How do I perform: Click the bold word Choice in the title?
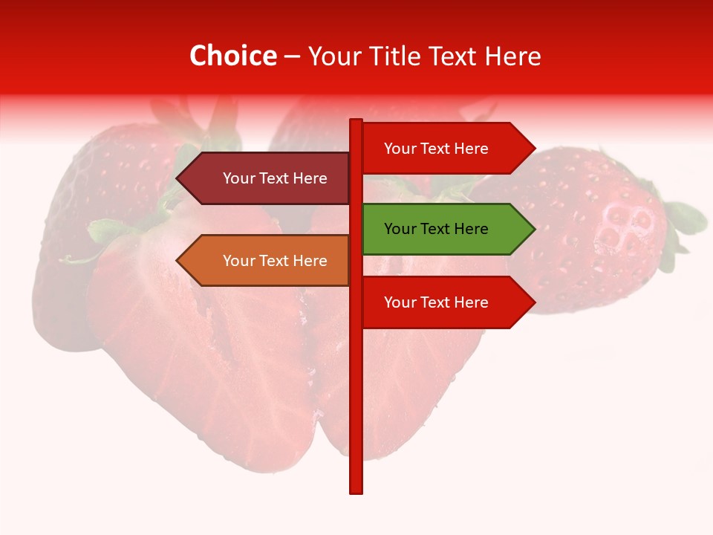[232, 56]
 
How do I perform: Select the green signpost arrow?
[446, 229]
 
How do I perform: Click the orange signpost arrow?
[267, 261]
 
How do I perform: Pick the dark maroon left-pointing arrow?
[267, 178]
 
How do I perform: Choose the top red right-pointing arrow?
[446, 149]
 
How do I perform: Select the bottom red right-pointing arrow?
[446, 302]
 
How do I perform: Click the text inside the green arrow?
[436, 229]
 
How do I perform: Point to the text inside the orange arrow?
[275, 261]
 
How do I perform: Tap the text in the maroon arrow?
[275, 178]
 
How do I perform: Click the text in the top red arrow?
[436, 149]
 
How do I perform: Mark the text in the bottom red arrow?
[436, 302]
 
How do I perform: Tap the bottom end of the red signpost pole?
[356, 490]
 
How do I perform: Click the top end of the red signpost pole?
[356, 122]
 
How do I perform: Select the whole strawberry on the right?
[594, 230]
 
